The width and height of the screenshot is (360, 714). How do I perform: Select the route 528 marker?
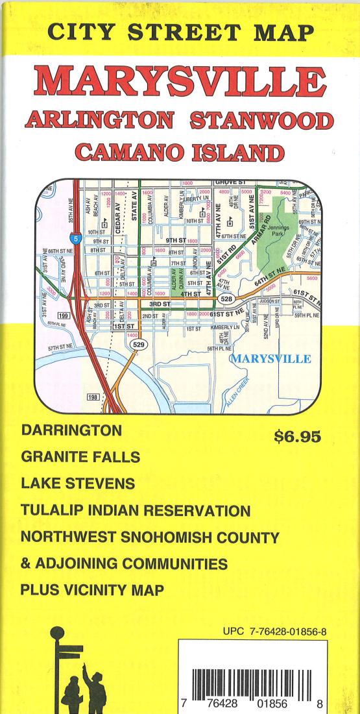click(x=226, y=299)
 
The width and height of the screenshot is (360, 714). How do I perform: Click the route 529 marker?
click(x=138, y=344)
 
